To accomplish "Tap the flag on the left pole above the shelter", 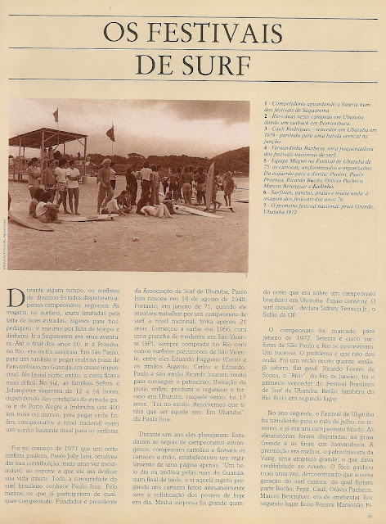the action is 56,115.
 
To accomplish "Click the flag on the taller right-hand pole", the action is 110,133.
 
